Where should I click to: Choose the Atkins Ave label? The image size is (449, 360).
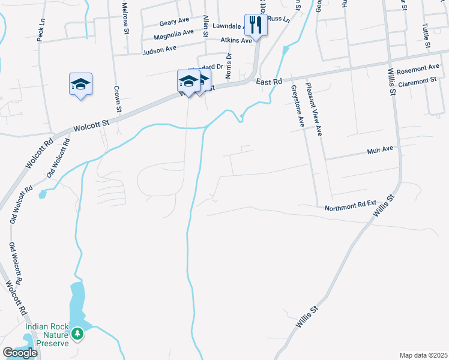coord(236,41)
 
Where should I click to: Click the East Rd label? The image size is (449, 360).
coord(268,81)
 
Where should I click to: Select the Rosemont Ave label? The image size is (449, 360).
coord(418,69)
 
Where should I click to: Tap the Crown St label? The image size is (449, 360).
coord(118,99)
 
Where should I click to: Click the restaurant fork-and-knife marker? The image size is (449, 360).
coord(256,25)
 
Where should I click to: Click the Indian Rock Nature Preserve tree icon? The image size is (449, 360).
coord(77,333)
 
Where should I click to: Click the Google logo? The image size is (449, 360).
coord(19,353)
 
